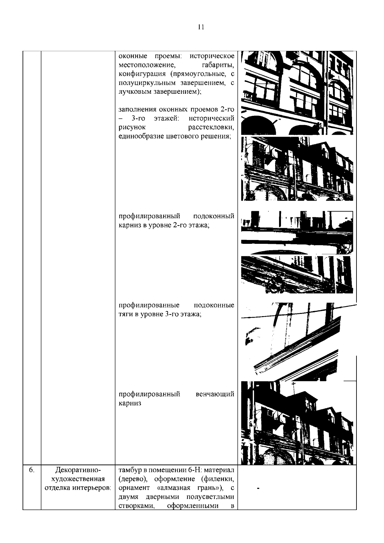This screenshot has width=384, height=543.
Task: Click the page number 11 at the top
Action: (x=201, y=27)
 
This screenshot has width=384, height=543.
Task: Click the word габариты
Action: (x=218, y=65)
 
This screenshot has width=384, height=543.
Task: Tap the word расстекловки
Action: (x=211, y=127)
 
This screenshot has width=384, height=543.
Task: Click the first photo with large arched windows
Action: (x=297, y=93)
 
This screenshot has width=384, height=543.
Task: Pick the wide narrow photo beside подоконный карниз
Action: (x=297, y=233)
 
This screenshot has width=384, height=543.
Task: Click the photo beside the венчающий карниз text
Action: (x=297, y=423)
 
